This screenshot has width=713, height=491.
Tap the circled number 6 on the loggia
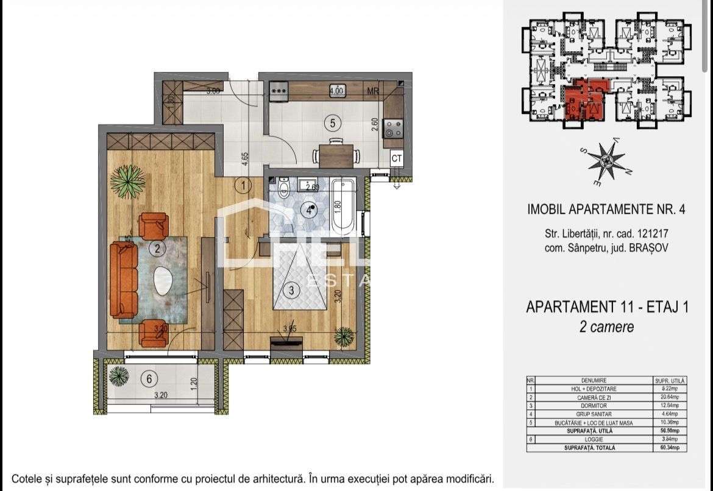[x=149, y=379]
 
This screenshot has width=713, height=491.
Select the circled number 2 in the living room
[x=157, y=248]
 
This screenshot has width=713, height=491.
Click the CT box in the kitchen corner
[x=397, y=158]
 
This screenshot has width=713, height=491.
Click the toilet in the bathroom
[x=283, y=188]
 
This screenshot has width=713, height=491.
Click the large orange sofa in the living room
[x=124, y=279]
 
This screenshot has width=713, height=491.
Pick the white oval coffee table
[x=163, y=281]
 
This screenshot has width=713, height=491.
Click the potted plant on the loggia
[x=118, y=376]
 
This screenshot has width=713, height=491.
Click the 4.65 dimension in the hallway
[x=245, y=158]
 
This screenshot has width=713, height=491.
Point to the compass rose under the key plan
[x=606, y=160]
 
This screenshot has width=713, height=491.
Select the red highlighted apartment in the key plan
[x=583, y=101]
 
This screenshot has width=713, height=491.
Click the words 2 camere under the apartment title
[x=606, y=327]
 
